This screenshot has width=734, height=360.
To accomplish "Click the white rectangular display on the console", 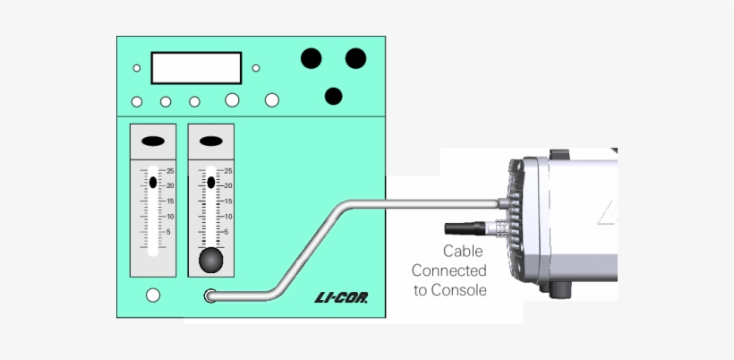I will coord(196,68).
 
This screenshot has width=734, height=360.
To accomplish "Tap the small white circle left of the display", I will coord(137,68).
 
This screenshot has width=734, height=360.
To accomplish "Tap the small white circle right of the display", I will coord(256,68).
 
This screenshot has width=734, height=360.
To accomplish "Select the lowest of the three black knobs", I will coord(334,96).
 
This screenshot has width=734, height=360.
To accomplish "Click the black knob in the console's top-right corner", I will coord(355,58).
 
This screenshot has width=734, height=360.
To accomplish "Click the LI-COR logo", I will coord(348,297).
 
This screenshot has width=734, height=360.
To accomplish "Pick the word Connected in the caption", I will coord(449,270).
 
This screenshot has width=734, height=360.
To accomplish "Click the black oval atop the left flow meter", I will coord(153,141).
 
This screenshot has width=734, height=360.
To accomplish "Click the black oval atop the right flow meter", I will coord(210,141).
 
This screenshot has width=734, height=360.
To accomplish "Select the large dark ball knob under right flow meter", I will coord(210,261).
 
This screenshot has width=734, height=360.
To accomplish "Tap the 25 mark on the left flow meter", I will coord(170,171).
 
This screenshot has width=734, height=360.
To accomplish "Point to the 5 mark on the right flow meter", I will coord(226,232).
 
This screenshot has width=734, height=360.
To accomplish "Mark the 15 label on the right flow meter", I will coord(228,201).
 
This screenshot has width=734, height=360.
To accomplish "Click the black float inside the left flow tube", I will coord(153,182).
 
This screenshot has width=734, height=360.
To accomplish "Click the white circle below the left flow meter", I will coord(153,295).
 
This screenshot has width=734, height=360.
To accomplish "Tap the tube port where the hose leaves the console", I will coord(211,296).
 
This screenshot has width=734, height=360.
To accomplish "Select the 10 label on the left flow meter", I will coord(170,217).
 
